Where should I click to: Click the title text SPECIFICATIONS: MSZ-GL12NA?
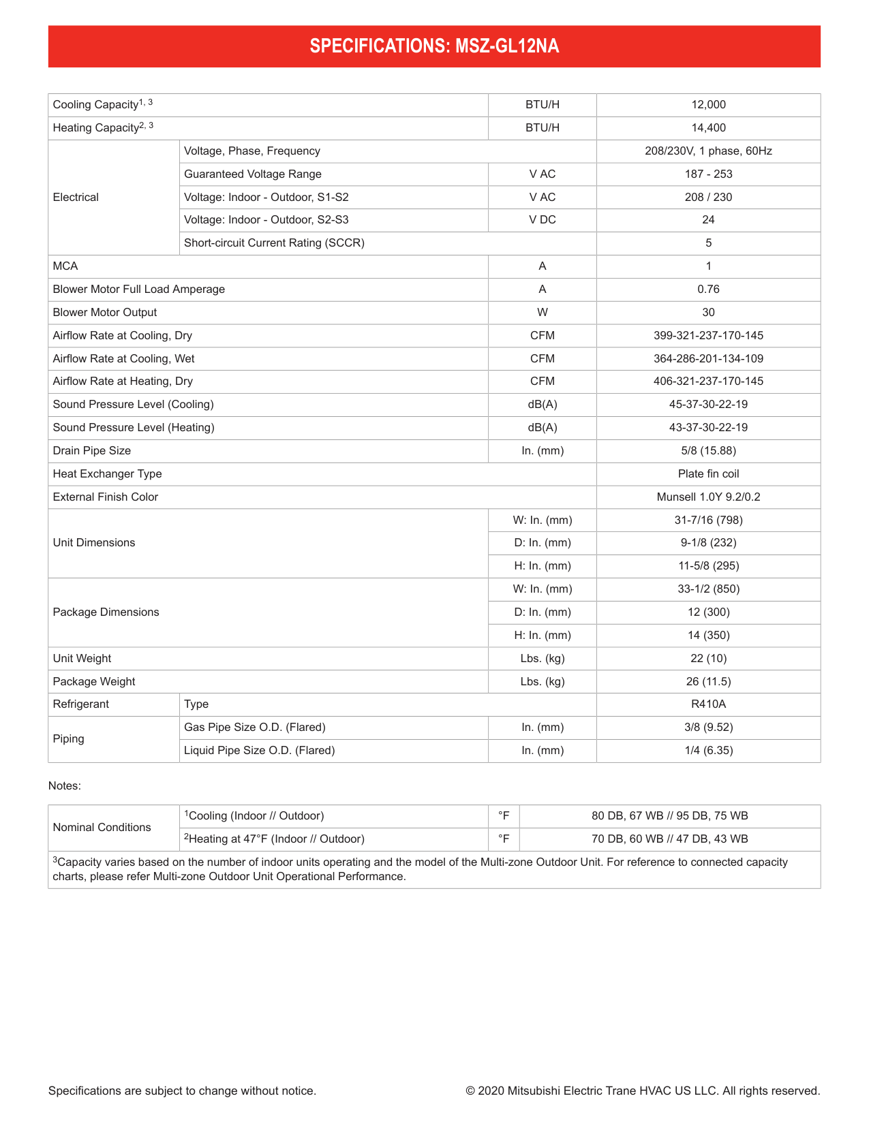point(434,46)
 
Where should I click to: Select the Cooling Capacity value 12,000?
point(708,105)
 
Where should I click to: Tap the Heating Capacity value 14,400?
point(708,128)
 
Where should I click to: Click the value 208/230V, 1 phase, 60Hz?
point(708,151)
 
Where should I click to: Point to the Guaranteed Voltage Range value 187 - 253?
point(708,174)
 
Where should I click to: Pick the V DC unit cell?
point(542,220)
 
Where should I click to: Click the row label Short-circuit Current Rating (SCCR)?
point(274,243)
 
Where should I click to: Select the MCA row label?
point(65,266)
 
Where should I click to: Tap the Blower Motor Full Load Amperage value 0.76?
point(708,290)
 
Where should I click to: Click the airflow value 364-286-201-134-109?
point(708,359)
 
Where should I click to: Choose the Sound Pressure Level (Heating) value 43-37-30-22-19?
point(708,428)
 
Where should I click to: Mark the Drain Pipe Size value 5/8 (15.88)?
point(708,451)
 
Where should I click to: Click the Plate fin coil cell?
point(708,474)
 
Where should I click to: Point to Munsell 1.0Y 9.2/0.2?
point(708,497)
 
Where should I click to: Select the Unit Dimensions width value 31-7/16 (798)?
point(708,520)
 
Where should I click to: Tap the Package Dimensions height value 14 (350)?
point(708,636)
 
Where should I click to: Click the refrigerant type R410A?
point(708,704)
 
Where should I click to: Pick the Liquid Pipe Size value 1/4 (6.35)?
point(708,751)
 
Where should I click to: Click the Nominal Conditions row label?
point(102,828)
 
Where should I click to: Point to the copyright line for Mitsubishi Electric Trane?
point(643,1091)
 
